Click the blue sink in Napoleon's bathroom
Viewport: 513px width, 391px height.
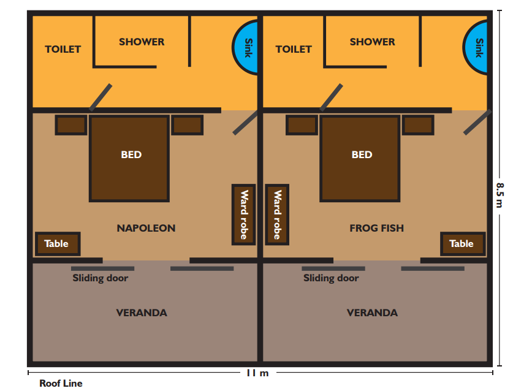click(246, 47)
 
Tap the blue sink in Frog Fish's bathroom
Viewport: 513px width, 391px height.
click(476, 47)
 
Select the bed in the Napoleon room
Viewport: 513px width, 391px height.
click(129, 158)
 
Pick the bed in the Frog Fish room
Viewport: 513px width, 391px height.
click(360, 158)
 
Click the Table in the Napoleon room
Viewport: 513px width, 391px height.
click(58, 244)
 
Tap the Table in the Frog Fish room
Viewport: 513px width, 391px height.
click(463, 244)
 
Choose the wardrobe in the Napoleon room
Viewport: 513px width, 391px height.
click(244, 214)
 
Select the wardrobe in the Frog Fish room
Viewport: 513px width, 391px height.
click(277, 214)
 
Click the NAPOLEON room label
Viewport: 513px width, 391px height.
click(146, 228)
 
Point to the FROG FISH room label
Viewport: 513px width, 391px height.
click(376, 228)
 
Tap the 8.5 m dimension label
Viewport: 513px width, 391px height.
click(500, 195)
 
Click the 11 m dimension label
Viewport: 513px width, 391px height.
click(257, 373)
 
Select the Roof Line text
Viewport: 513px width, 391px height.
click(61, 383)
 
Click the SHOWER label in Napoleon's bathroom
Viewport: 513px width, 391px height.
click(142, 42)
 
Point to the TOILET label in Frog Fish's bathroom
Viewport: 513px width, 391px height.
click(294, 49)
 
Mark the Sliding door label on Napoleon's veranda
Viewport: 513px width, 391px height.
click(100, 278)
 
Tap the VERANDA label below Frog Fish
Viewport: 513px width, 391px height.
click(372, 313)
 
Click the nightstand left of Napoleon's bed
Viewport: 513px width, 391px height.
click(71, 124)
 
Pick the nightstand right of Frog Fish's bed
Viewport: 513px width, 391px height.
click(418, 124)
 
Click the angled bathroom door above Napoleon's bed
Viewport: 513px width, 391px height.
click(101, 97)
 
